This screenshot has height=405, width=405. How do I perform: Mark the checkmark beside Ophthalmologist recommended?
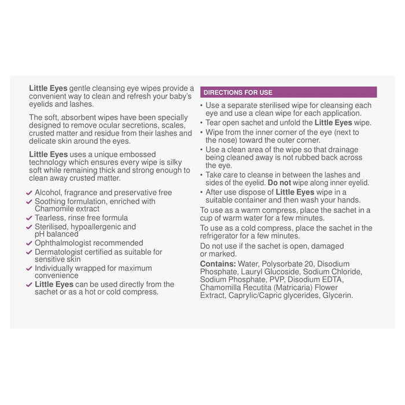click(29, 244)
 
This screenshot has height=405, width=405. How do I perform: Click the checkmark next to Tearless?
click(29, 218)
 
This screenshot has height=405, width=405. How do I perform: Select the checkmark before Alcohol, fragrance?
click(29, 193)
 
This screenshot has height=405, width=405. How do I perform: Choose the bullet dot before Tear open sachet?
click(201, 123)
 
